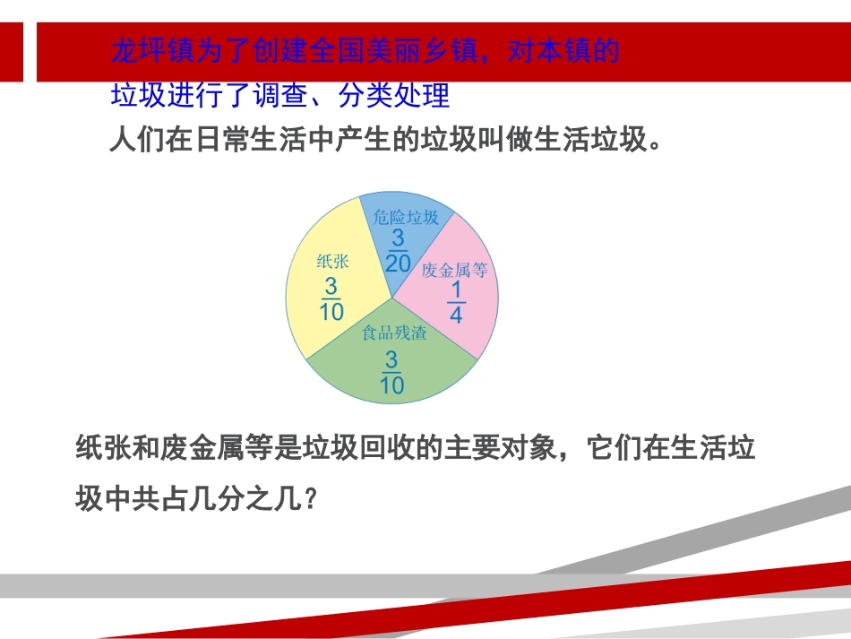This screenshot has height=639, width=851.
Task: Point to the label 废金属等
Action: click(x=454, y=270)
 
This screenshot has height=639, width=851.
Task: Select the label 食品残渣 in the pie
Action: click(x=394, y=333)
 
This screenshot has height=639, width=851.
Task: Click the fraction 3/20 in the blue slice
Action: click(x=398, y=250)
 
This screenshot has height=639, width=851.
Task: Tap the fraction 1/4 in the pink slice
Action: click(x=456, y=303)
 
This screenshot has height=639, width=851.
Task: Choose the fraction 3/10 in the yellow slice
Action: click(x=331, y=299)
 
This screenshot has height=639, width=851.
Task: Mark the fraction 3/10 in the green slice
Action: click(x=391, y=373)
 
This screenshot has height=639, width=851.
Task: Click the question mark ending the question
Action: click(x=311, y=498)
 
